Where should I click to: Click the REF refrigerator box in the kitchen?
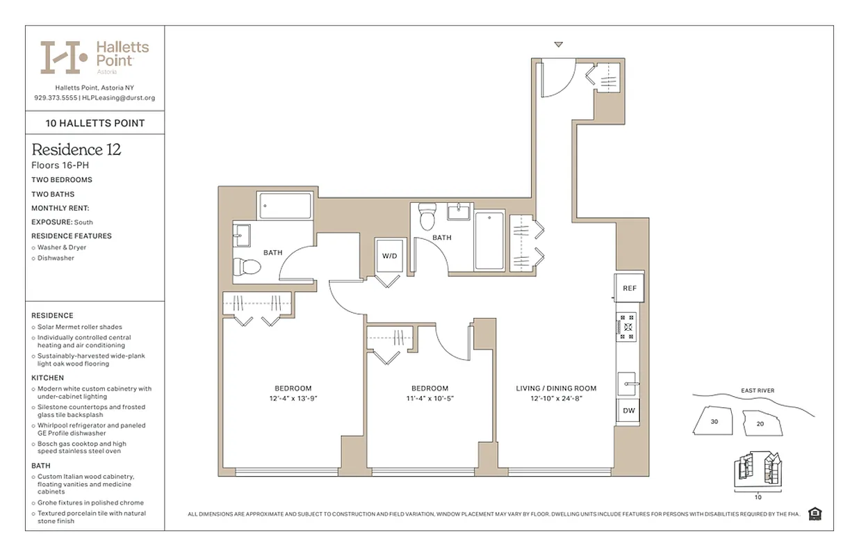629,288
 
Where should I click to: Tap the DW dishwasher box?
628,411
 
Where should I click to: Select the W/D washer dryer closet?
389,256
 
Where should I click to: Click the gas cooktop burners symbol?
627,326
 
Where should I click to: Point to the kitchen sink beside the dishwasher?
628,384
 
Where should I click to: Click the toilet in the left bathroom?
245,266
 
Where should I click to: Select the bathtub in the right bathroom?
489,240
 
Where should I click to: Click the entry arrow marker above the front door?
558,45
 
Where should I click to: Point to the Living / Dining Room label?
556,389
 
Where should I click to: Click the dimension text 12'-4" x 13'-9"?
293,399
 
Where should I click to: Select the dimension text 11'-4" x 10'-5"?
429,399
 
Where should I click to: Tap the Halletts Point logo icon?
63,57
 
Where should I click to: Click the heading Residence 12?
76,150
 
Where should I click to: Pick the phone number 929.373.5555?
56,98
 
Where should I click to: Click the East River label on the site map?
757,391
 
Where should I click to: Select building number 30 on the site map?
714,421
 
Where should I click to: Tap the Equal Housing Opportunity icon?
815,514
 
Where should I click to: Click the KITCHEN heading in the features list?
47,378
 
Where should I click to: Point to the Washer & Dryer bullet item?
62,247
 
